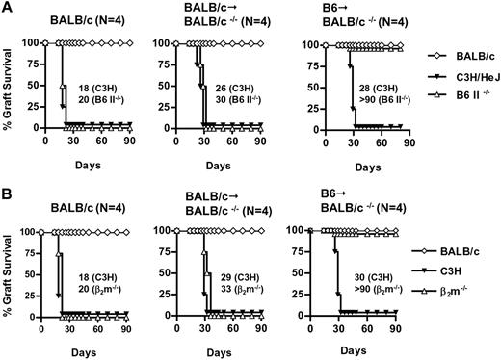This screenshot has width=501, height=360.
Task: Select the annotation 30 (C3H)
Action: tap(368, 270)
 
